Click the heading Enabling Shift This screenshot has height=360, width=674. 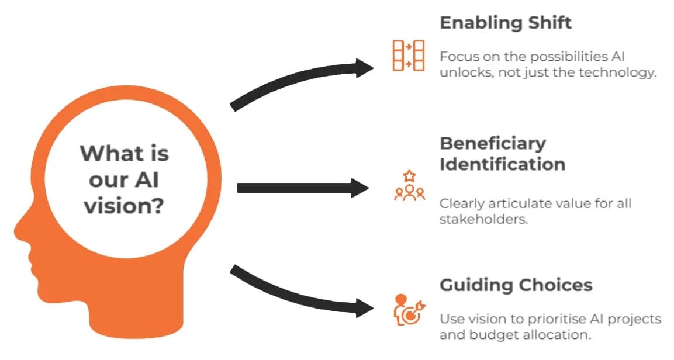505,23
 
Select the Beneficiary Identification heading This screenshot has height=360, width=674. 502,153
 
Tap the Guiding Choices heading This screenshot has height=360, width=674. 516,285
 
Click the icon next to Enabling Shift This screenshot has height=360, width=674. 408,56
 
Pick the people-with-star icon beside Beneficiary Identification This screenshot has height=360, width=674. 409,185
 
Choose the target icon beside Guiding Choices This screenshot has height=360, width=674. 409,310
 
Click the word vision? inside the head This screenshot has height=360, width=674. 123,206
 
